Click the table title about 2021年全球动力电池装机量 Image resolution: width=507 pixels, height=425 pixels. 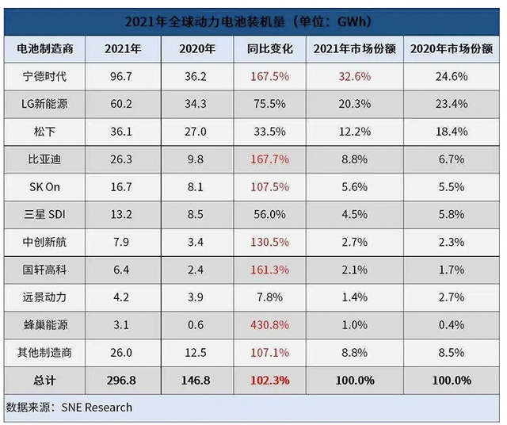[253, 19]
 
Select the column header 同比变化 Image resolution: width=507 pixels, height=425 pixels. [269, 49]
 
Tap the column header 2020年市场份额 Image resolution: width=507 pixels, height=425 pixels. [449, 49]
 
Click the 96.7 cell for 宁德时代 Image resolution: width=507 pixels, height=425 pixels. [123, 77]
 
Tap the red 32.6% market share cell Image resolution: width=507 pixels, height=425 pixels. [353, 77]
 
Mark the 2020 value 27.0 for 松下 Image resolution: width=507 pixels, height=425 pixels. [197, 130]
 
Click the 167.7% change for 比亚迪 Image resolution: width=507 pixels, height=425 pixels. [269, 158]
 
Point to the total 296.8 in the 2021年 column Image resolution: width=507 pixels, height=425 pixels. [122, 380]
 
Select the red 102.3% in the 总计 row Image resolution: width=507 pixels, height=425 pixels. [269, 380]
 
